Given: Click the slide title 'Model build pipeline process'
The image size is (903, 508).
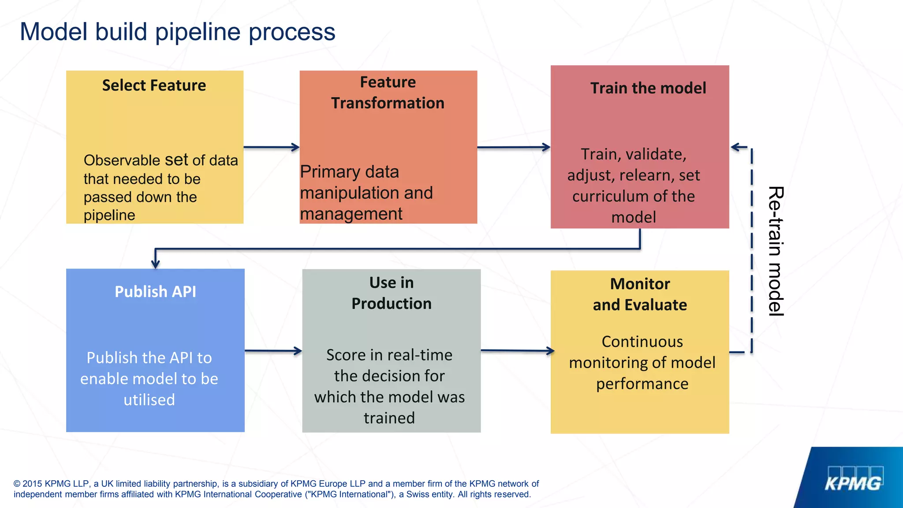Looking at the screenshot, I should (x=177, y=32).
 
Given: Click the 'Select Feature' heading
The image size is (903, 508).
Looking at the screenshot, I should (x=154, y=85).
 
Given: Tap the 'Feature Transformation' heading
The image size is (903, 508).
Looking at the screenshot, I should (x=388, y=93).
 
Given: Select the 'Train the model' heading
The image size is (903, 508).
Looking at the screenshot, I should (x=648, y=88).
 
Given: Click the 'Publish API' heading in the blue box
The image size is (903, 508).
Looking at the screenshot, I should (x=155, y=291).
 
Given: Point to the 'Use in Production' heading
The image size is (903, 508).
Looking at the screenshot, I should (x=391, y=293).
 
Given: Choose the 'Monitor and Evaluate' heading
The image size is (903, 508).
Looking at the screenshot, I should (x=639, y=294).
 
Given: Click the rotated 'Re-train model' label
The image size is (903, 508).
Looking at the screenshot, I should (x=776, y=251).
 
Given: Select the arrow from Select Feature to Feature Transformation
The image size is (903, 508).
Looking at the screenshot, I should (x=271, y=147).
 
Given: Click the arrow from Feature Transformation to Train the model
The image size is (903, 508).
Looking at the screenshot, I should (x=513, y=147).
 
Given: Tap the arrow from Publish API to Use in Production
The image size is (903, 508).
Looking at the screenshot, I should (x=273, y=351).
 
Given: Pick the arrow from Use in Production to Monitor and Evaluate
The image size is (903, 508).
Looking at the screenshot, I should (x=517, y=351).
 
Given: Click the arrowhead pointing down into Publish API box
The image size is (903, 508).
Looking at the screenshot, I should (x=155, y=264).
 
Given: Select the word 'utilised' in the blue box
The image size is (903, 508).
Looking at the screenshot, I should (x=149, y=400).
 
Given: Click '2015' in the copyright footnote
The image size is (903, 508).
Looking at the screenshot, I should (x=32, y=484).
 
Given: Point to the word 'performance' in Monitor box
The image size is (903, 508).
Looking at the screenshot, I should (x=642, y=384).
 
